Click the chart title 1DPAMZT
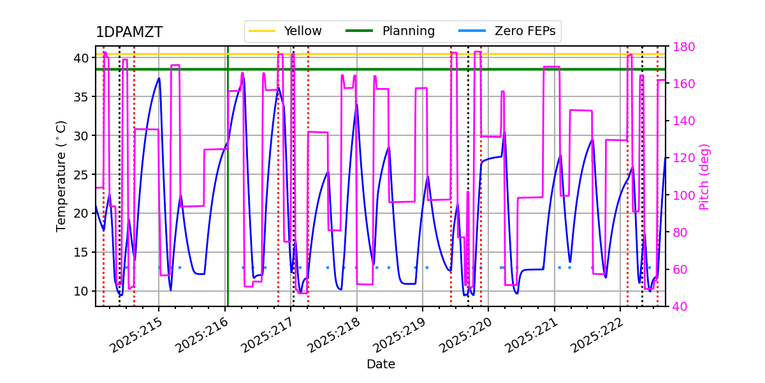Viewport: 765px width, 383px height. (x=129, y=33)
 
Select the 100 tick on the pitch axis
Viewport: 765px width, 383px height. (x=680, y=195)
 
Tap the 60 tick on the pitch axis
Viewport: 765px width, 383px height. (x=676, y=269)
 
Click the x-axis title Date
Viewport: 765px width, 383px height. (x=381, y=364)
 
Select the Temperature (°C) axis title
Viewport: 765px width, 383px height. (x=61, y=176)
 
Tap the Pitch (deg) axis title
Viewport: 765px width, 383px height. (x=704, y=176)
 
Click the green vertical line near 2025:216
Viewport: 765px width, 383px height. (x=228, y=191)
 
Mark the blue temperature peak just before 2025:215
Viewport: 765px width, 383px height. (x=159, y=79)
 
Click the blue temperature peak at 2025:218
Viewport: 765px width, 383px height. (x=356, y=105)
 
